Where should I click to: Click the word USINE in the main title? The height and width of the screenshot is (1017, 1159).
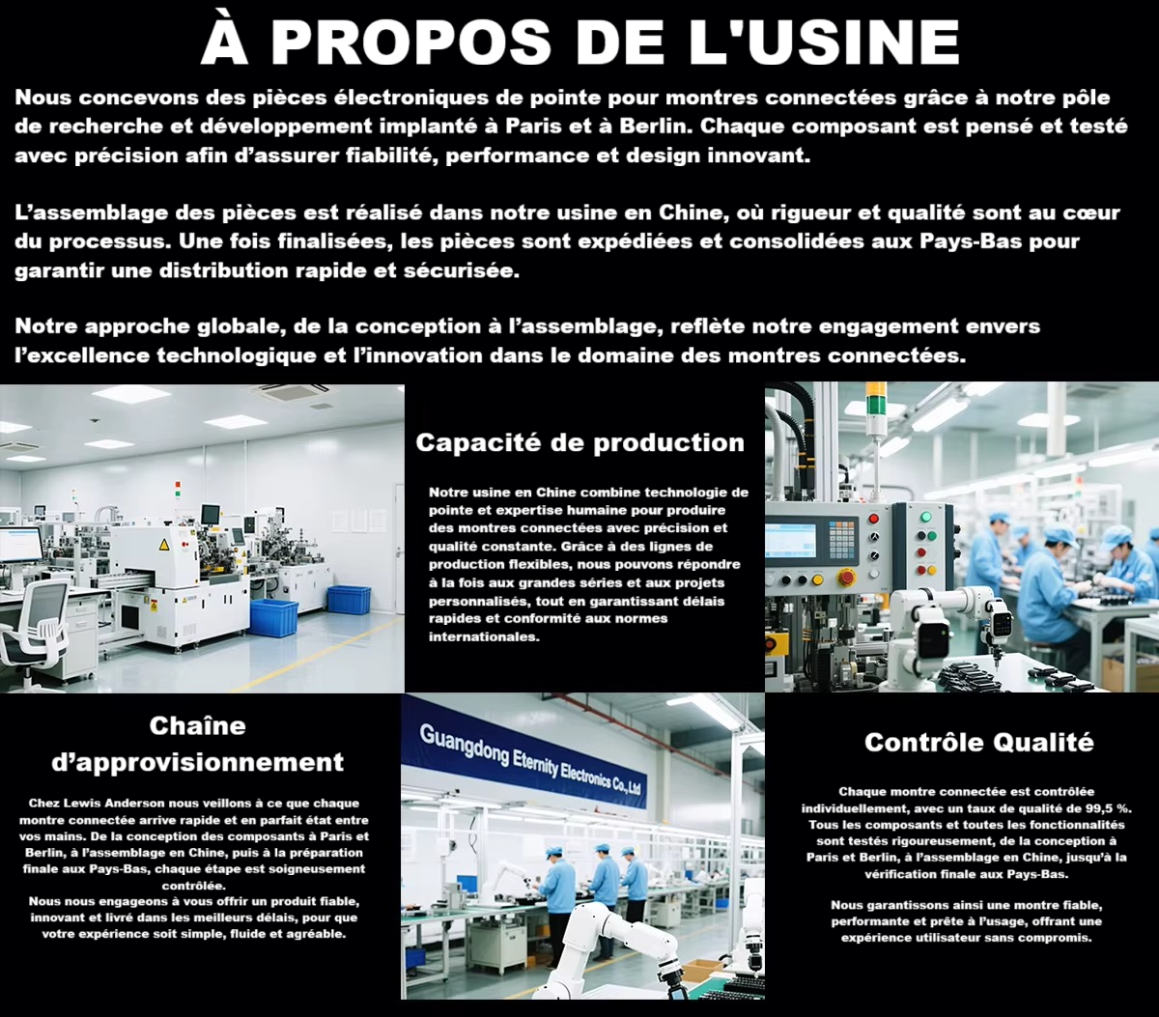click(x=825, y=42)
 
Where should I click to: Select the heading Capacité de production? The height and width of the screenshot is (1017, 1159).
click(x=580, y=442)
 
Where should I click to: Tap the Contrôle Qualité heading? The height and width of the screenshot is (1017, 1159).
click(x=978, y=743)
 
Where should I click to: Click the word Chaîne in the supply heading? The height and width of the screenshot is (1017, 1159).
click(x=197, y=726)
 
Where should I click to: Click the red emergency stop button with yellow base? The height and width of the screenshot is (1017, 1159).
click(x=847, y=577)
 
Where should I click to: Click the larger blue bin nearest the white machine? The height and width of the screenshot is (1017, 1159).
click(x=274, y=617)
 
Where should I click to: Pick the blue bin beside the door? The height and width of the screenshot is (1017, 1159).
click(x=349, y=600)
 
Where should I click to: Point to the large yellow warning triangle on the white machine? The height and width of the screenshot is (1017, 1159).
click(x=164, y=544)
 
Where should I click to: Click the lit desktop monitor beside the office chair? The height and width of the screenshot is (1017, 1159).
click(x=20, y=544)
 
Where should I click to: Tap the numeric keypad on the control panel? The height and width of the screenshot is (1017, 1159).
click(x=842, y=539)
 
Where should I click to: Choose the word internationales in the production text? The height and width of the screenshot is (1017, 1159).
click(x=484, y=636)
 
